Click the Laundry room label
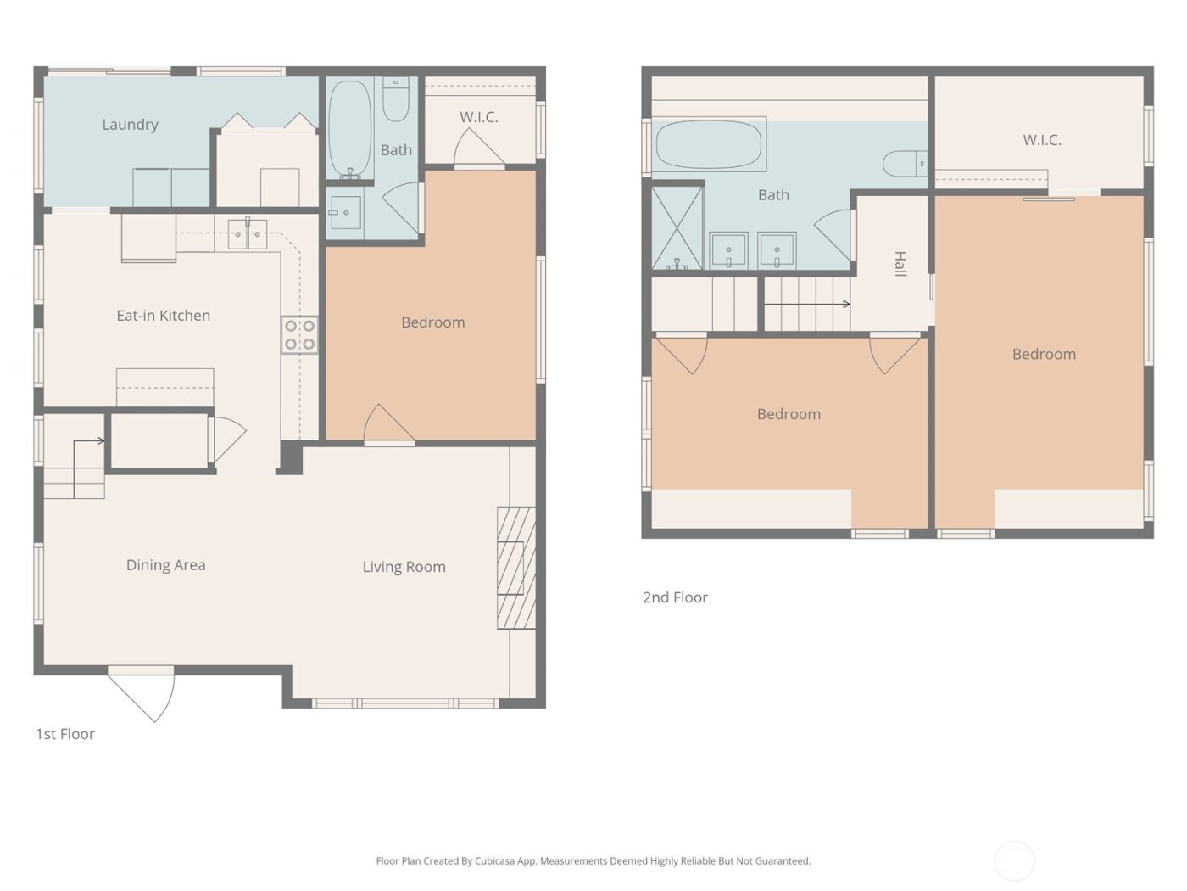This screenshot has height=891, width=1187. click(130, 125)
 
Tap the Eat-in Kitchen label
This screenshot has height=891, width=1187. click(163, 316)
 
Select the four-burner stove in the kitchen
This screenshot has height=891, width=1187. click(299, 334)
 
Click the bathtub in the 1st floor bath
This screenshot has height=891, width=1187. click(349, 128)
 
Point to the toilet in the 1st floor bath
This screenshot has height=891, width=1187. click(396, 99)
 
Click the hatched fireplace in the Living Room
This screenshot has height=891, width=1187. click(515, 568)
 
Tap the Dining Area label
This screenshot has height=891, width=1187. click(165, 565)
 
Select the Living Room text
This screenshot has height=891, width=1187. click(404, 567)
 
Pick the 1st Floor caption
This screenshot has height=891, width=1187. click(65, 734)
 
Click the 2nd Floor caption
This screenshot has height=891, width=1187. click(675, 597)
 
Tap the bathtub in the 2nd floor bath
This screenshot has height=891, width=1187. click(708, 145)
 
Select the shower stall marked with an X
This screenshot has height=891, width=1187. click(677, 227)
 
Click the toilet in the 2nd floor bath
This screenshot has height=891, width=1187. click(904, 163)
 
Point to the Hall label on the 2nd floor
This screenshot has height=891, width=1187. click(900, 264)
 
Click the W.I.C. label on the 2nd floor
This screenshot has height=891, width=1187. click(1042, 140)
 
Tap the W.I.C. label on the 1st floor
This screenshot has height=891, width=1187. click(478, 117)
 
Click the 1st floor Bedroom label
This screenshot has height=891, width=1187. click(432, 322)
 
